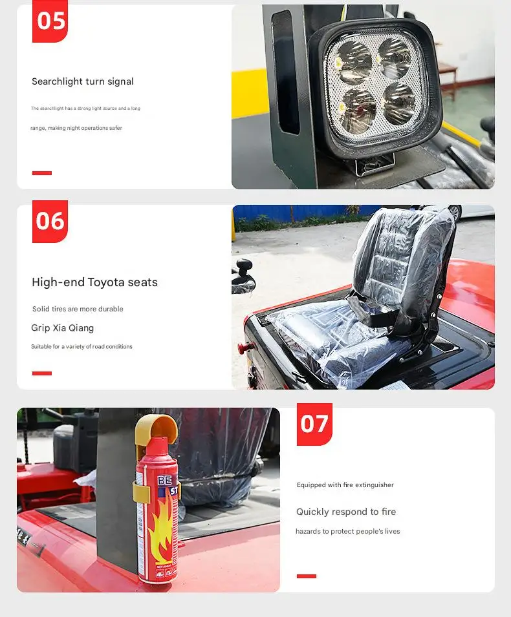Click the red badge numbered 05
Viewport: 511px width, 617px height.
tap(50, 21)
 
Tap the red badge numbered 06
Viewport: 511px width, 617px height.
tap(50, 222)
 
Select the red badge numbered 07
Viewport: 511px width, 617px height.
tap(314, 424)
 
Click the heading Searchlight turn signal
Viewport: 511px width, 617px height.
tap(83, 81)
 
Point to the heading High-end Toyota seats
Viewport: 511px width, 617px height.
tap(94, 282)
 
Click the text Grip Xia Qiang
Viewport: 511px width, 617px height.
tap(62, 328)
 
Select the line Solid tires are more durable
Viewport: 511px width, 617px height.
tap(78, 309)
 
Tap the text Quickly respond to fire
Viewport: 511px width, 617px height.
tap(346, 512)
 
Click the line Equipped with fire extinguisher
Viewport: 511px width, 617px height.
tap(345, 485)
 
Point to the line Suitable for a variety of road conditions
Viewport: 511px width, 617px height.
tap(82, 347)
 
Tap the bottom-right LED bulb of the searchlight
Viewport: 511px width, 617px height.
tap(399, 103)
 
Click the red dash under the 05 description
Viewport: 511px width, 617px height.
tap(42, 173)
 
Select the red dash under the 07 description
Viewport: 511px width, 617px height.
tap(307, 576)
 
